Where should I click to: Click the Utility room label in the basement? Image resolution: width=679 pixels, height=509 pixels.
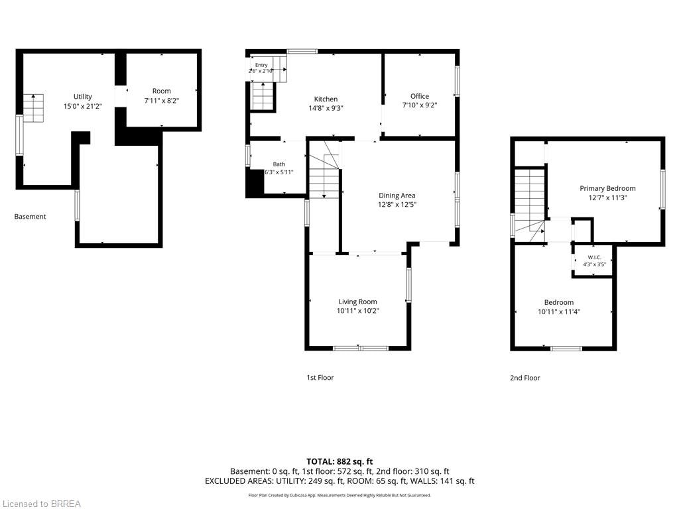tap(82, 97)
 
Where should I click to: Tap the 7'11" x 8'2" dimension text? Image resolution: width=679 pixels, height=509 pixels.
tap(162, 101)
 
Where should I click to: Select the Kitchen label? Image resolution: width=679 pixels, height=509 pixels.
tap(326, 99)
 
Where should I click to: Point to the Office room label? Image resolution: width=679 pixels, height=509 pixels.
tap(420, 96)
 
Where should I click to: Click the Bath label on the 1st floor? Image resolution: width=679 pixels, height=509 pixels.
tap(279, 164)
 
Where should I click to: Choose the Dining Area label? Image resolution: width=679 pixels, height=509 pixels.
tap(397, 196)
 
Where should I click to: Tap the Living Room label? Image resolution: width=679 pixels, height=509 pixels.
tap(357, 302)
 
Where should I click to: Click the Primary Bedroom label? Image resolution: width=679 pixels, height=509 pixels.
tap(607, 188)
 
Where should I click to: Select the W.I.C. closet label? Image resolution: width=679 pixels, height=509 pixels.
tap(594, 257)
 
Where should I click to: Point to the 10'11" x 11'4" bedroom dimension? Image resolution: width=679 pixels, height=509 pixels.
tap(558, 311)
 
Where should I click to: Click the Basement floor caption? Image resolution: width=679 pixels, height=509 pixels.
tap(30, 217)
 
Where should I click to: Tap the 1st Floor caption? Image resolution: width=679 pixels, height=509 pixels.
tap(320, 377)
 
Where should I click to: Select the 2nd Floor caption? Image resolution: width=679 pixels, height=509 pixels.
tap(525, 378)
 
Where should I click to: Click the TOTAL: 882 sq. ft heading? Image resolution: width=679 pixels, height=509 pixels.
tap(339, 461)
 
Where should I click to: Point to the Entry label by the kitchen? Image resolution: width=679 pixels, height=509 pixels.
tap(261, 65)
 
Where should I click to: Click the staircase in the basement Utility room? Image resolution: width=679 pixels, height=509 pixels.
tap(33, 108)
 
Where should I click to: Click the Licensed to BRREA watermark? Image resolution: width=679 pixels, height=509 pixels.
tap(42, 504)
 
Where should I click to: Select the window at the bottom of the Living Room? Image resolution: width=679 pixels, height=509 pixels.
tap(361, 348)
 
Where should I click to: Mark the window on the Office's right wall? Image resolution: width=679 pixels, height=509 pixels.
tap(456, 81)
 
